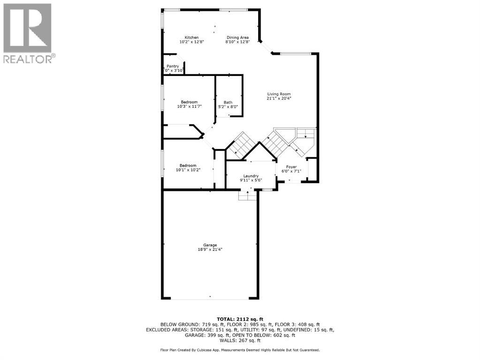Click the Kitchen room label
[x=191, y=37]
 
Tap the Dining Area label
[x=237, y=37]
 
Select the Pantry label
[x=173, y=66]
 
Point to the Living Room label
[x=279, y=94]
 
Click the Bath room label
[x=228, y=102]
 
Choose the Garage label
[x=210, y=245]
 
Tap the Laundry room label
[x=251, y=176]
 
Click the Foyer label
[x=292, y=166]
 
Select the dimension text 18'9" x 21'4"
[x=210, y=250]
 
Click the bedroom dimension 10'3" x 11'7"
[x=189, y=106]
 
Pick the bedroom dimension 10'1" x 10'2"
[x=188, y=170]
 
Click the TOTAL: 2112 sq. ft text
[x=240, y=318]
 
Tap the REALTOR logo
[x=28, y=33]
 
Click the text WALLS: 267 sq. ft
[x=240, y=340]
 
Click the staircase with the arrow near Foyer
[x=306, y=133]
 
